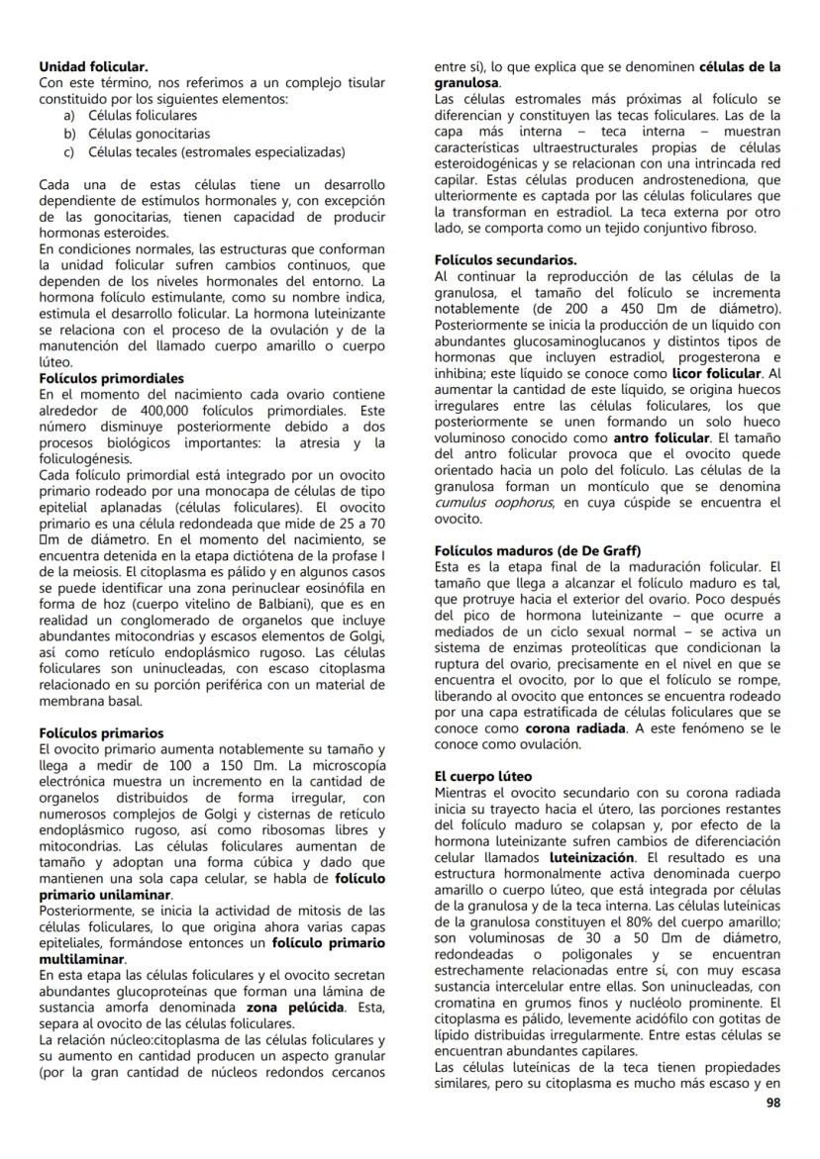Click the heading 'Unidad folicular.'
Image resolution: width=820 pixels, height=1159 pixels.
(93, 66)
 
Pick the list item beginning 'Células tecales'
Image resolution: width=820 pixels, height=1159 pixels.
(216, 151)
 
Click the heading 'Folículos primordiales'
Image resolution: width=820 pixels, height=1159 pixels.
(111, 378)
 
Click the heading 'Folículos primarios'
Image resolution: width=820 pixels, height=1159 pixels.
(101, 733)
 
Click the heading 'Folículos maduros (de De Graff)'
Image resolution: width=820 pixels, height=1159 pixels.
(538, 549)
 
